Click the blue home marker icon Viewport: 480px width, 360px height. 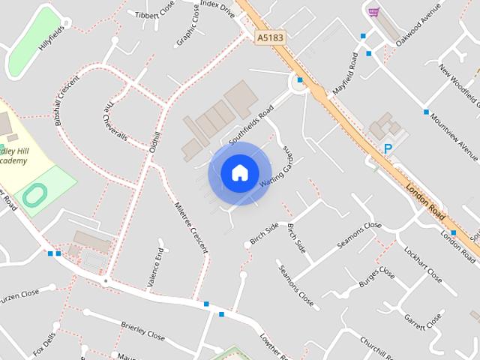point(239,173)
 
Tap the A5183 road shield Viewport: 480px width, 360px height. point(270,37)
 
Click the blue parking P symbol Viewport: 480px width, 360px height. point(388,150)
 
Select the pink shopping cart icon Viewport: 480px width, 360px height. point(373,12)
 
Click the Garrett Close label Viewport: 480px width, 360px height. point(424,321)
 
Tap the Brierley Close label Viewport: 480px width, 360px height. point(142,331)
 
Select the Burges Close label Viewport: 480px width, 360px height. point(376,277)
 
